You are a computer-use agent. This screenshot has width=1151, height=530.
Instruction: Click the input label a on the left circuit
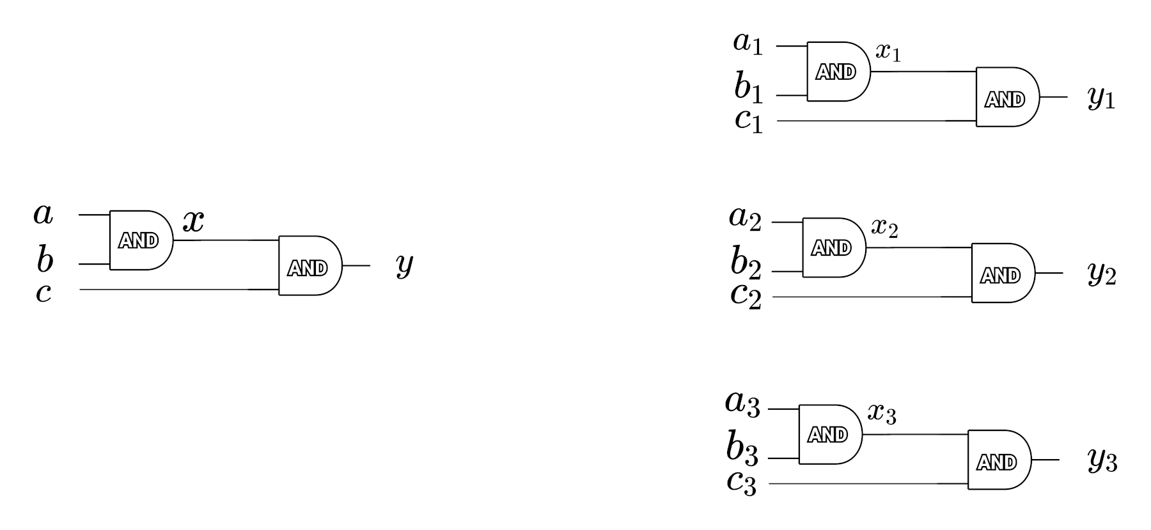(x=43, y=214)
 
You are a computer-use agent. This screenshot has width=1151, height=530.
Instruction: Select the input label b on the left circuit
(x=44, y=260)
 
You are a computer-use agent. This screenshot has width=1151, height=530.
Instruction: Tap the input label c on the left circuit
(x=43, y=293)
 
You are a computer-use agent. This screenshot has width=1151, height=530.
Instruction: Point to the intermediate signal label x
(x=193, y=221)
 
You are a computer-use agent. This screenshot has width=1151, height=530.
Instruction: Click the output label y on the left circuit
(x=404, y=264)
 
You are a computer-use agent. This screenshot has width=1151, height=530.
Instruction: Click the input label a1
(x=748, y=43)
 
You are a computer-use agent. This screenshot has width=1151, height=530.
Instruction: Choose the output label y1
(x=1101, y=98)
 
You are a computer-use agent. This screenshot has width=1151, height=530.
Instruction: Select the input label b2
(x=746, y=263)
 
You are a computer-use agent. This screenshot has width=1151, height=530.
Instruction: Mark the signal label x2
(x=884, y=227)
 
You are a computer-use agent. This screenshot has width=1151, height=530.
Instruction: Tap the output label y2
(x=1102, y=274)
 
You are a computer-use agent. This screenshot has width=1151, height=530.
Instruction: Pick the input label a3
(x=742, y=404)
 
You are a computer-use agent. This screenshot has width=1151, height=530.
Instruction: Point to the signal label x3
(x=881, y=414)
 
